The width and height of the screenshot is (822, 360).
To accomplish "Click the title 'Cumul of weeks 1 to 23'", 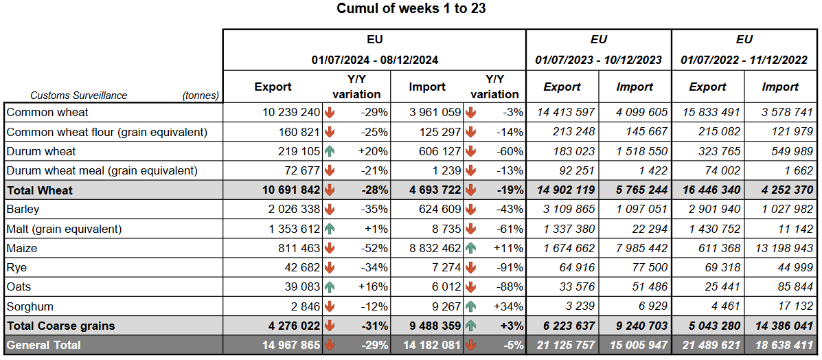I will click(411, 9).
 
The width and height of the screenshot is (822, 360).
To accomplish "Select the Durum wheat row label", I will click(41, 151).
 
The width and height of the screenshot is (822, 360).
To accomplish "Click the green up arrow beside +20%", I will click(330, 151).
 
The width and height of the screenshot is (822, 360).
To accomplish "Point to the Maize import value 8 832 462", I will click(431, 248).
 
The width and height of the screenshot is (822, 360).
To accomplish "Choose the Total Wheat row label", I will click(40, 190).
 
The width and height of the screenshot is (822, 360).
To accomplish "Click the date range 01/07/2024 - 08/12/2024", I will click(374, 60).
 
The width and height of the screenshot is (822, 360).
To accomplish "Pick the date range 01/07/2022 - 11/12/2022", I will click(744, 60).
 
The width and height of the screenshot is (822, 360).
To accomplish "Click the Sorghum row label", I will click(30, 306).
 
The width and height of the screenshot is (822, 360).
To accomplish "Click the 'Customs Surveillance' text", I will click(79, 95).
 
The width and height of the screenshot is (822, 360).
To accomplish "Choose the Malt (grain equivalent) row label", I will click(64, 229).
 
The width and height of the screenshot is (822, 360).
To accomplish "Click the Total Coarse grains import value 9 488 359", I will click(431, 326).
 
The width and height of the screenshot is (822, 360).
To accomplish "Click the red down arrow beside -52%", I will click(330, 248).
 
